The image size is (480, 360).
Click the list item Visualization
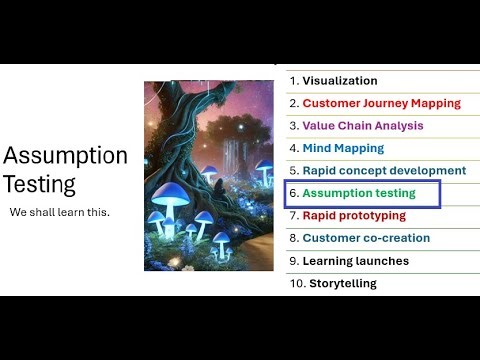tap(339, 81)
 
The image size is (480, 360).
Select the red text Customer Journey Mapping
tap(381, 103)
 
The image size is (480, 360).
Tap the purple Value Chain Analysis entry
tap(362, 126)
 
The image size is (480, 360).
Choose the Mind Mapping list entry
tap(342, 148)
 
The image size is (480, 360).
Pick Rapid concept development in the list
tap(384, 171)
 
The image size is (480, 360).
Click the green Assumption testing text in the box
tap(358, 193)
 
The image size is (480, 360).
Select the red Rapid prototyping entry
tap(354, 215)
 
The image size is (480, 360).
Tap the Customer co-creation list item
tap(366, 238)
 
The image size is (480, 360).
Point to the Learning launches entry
tap(355, 261)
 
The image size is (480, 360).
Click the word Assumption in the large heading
tap(65, 156)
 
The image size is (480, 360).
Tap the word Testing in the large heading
tap(39, 185)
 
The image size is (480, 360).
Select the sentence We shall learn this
tap(60, 213)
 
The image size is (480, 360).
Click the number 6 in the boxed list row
tap(293, 193)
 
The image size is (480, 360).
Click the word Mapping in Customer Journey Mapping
tap(436, 103)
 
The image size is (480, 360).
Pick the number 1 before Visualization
tap(292, 81)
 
